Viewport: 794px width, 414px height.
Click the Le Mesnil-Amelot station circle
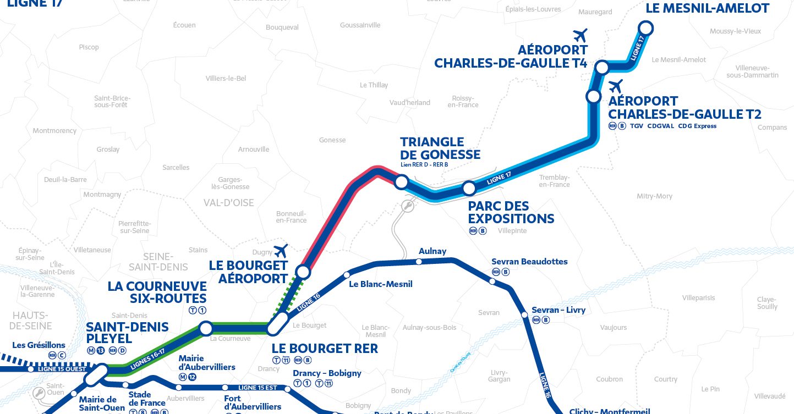[x=645, y=28]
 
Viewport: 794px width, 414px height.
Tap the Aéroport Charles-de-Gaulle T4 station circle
[x=603, y=68]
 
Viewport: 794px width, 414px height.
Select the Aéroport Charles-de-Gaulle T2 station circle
[x=593, y=96]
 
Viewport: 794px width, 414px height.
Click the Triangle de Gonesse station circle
[x=401, y=181]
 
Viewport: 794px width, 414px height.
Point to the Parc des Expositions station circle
[x=469, y=189]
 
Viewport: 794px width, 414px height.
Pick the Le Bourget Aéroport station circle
[x=303, y=272]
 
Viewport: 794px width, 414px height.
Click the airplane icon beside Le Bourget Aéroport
[x=281, y=251]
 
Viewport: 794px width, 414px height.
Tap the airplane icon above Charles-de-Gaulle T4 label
[x=580, y=35]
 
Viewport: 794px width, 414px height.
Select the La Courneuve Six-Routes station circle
[x=206, y=329]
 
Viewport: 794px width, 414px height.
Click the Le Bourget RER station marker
[x=277, y=324]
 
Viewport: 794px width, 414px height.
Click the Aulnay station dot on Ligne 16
[x=419, y=262]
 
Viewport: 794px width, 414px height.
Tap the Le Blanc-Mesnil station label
[x=381, y=284]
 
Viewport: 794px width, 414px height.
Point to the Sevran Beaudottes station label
[x=529, y=262]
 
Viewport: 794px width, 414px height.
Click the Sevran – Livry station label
[x=558, y=310]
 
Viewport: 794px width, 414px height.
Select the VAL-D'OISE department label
[x=229, y=203]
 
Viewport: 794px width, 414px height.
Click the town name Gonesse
[x=332, y=140]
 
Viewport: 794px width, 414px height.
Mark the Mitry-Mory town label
[x=654, y=196]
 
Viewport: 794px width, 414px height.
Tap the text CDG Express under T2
[x=697, y=126]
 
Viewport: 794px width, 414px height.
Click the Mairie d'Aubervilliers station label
[x=207, y=363]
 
